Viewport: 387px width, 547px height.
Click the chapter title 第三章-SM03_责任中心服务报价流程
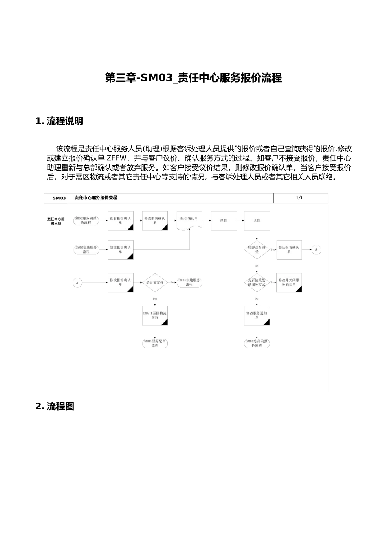193,78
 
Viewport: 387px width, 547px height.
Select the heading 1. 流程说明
59,121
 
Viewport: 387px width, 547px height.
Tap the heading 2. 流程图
55,407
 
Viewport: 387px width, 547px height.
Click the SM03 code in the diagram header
59,198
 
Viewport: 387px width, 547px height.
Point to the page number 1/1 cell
299,198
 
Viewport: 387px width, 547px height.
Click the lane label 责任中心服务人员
56,221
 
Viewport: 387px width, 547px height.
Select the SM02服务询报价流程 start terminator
86,221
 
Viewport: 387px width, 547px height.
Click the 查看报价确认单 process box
121,221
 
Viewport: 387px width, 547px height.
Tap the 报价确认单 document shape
189,220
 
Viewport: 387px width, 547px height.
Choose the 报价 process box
224,221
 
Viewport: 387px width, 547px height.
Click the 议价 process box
257,221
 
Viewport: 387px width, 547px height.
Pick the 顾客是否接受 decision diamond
257,249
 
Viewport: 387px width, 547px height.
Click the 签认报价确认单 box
289,249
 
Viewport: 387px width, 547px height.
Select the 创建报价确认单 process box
121,249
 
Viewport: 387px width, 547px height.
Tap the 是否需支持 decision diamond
155,282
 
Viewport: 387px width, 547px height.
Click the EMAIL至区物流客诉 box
155,315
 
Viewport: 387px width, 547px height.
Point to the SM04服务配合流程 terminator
155,343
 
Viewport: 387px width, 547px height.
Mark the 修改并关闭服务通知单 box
289,282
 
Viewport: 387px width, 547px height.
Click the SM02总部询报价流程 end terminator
257,343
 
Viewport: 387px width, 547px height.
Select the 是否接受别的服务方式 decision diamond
257,282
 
